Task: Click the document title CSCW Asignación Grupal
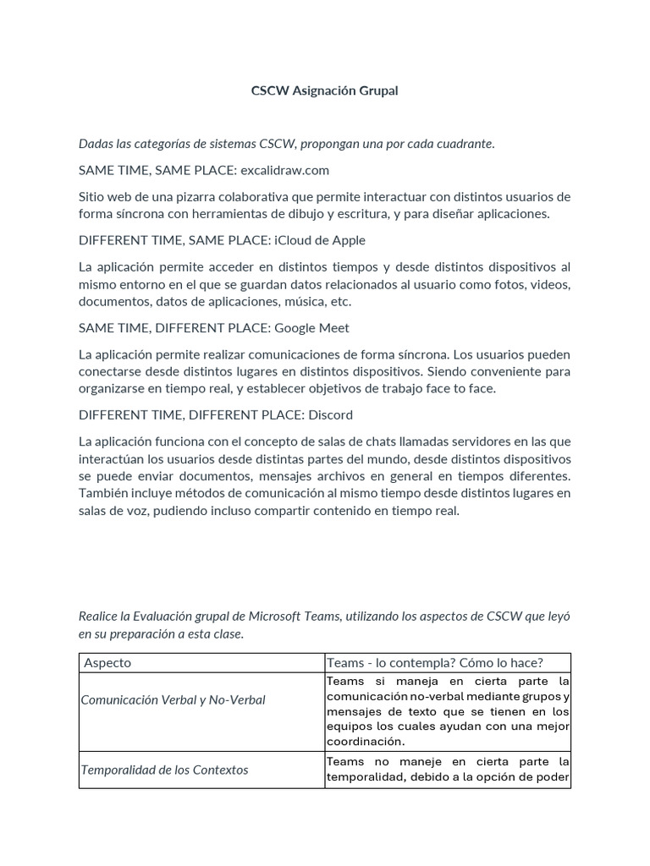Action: (x=324, y=90)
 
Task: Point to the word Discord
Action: (x=332, y=414)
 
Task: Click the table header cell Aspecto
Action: (x=107, y=662)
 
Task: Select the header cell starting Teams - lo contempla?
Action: (x=434, y=662)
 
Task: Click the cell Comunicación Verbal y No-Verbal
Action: (x=173, y=700)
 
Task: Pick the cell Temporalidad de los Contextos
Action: (x=164, y=770)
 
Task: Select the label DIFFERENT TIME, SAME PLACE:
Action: (x=174, y=240)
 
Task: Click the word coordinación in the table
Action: (x=363, y=742)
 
